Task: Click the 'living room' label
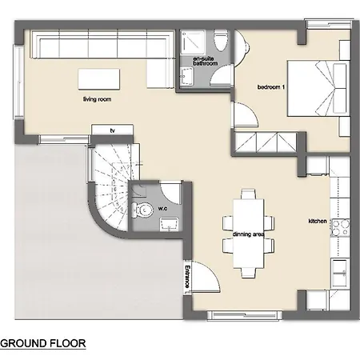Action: pos(97,99)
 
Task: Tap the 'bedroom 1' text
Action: pos(271,87)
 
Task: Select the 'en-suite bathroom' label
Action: pos(206,61)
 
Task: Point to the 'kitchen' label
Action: pos(318,221)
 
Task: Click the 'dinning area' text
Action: pos(249,234)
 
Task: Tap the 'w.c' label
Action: pos(162,208)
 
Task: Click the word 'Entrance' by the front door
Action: pos(187,277)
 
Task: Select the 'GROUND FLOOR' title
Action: pos(43,343)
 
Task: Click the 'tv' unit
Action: pos(112,130)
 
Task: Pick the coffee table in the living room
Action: pos(99,79)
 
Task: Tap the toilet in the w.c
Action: pos(142,210)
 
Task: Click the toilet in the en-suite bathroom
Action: pos(221,40)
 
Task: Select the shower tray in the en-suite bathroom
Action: pos(192,42)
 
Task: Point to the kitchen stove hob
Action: pos(340,228)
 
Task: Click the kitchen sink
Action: pos(340,273)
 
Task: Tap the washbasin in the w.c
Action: pos(169,224)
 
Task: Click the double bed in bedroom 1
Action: pos(318,88)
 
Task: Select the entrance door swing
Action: pos(206,278)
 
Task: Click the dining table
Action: pos(249,234)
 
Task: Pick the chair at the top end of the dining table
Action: pos(248,194)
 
